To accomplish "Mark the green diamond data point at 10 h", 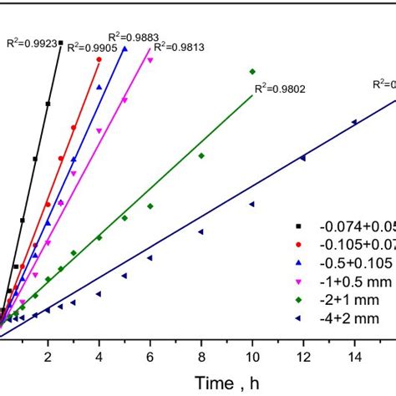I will point(252,72).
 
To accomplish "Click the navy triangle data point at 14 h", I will point(354,122).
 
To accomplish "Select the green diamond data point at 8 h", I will point(201,155).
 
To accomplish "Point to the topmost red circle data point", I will point(99,60).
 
